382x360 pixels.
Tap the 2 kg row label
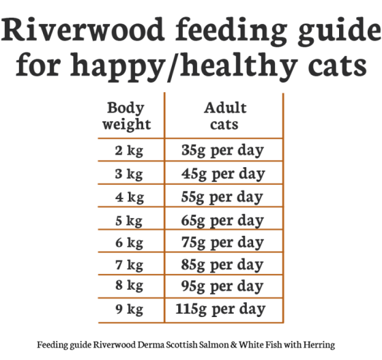click(x=129, y=151)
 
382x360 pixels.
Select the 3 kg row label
click(x=129, y=174)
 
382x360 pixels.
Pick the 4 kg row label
click(x=129, y=197)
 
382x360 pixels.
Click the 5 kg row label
click(x=129, y=220)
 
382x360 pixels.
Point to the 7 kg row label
click(x=129, y=265)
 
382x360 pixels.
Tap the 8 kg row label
click(x=129, y=287)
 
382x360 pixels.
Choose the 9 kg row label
click(x=129, y=310)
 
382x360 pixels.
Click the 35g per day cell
click(x=223, y=151)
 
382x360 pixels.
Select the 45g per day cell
click(x=223, y=174)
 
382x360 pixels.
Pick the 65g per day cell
click(x=223, y=220)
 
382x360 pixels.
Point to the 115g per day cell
click(x=220, y=310)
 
